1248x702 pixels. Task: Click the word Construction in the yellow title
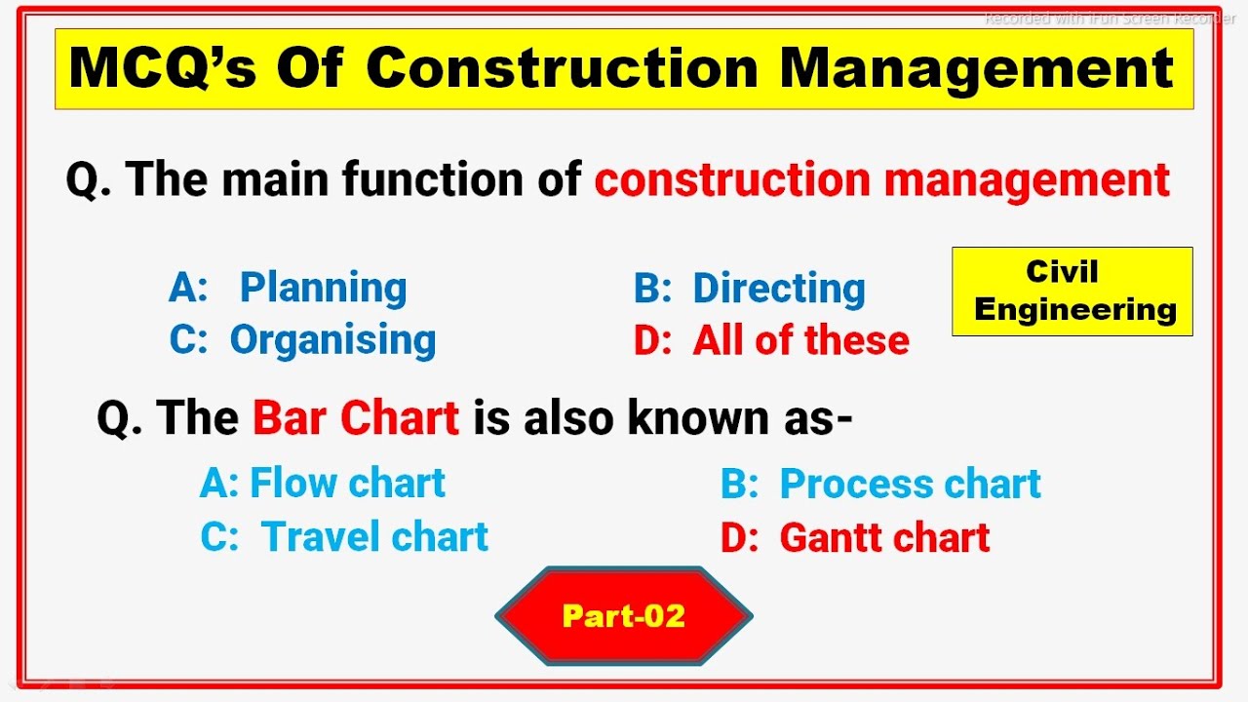pos(564,68)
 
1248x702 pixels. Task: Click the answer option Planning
pos(323,289)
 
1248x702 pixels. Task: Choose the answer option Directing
pos(778,289)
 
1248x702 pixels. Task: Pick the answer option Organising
pos(332,340)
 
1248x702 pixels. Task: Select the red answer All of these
pos(800,340)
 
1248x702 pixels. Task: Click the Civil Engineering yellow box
pos(1072,292)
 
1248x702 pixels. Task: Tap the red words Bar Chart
pos(356,418)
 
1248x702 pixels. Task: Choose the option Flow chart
pos(347,484)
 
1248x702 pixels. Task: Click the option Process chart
pos(910,485)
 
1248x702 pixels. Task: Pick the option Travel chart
pos(374,537)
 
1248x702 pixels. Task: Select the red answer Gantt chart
pos(884,538)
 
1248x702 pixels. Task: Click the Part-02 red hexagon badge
pos(624,616)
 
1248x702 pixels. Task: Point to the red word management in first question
pos(1027,180)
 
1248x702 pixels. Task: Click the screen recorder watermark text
pos(1109,19)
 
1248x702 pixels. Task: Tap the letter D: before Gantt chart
pos(738,538)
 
